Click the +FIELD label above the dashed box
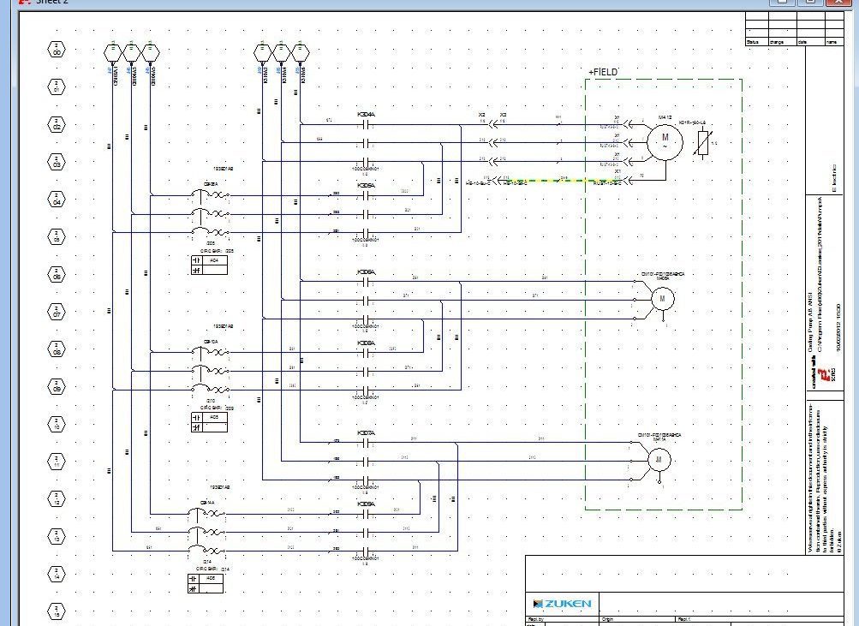[x=603, y=73]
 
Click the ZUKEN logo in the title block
[x=562, y=604]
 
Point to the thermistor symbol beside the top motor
[x=703, y=143]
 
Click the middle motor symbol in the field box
[x=661, y=298]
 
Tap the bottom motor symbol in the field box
[x=659, y=461]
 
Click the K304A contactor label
[x=366, y=114]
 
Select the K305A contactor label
[x=366, y=185]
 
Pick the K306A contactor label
[x=366, y=272]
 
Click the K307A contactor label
[x=366, y=433]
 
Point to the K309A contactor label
[x=366, y=504]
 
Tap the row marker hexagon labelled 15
[x=57, y=612]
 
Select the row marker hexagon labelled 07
[x=57, y=313]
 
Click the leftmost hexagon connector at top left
[x=113, y=52]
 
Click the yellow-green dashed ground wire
[x=540, y=181]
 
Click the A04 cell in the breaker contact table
[x=215, y=259]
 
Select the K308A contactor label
[x=366, y=343]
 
